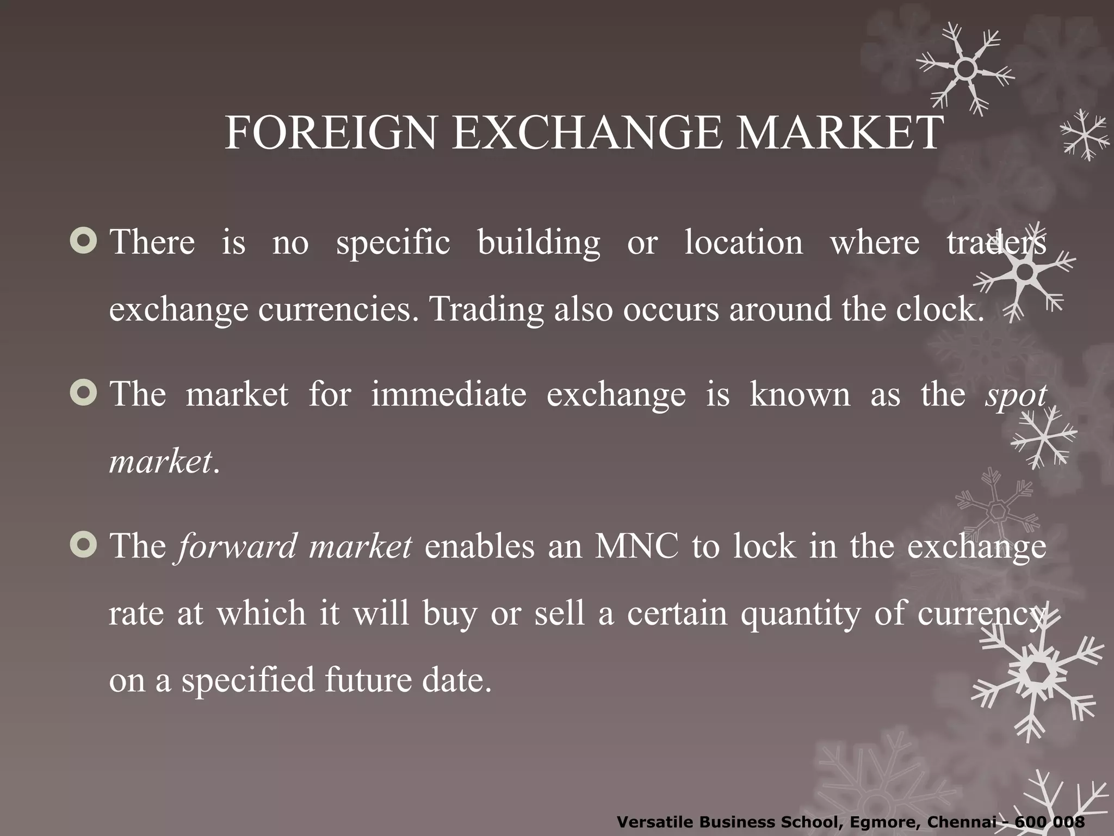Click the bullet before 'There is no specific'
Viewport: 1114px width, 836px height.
pos(84,241)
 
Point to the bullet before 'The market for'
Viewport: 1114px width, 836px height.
pos(84,393)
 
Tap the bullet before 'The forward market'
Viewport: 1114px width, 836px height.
pos(84,545)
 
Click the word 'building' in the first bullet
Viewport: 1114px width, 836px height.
pos(539,243)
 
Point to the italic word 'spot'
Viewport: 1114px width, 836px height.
pos(1016,395)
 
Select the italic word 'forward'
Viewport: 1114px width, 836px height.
pos(237,546)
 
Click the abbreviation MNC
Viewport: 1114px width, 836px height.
pos(636,546)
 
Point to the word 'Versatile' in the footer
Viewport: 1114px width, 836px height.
pos(655,822)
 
